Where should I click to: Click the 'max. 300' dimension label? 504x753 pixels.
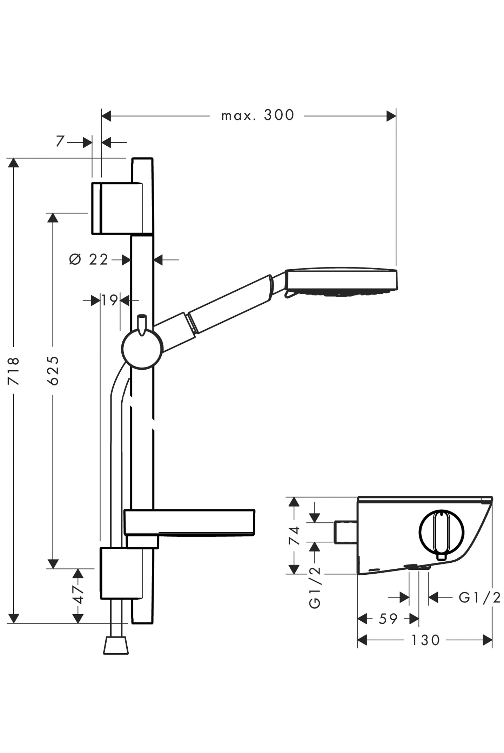(x=257, y=115)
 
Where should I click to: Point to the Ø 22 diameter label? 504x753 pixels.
(x=89, y=260)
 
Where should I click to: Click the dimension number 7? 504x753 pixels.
(x=60, y=141)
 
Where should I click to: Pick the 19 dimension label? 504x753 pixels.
(x=110, y=300)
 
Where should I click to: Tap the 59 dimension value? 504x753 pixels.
(x=388, y=619)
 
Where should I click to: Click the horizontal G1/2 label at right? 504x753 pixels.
(x=479, y=597)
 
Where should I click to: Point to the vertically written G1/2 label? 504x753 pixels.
(x=315, y=587)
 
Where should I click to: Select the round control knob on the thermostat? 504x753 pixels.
(x=441, y=532)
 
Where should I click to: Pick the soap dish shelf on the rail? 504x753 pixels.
(x=189, y=522)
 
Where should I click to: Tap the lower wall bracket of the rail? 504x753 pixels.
(x=121, y=573)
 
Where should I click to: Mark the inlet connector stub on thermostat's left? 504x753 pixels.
(x=345, y=532)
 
